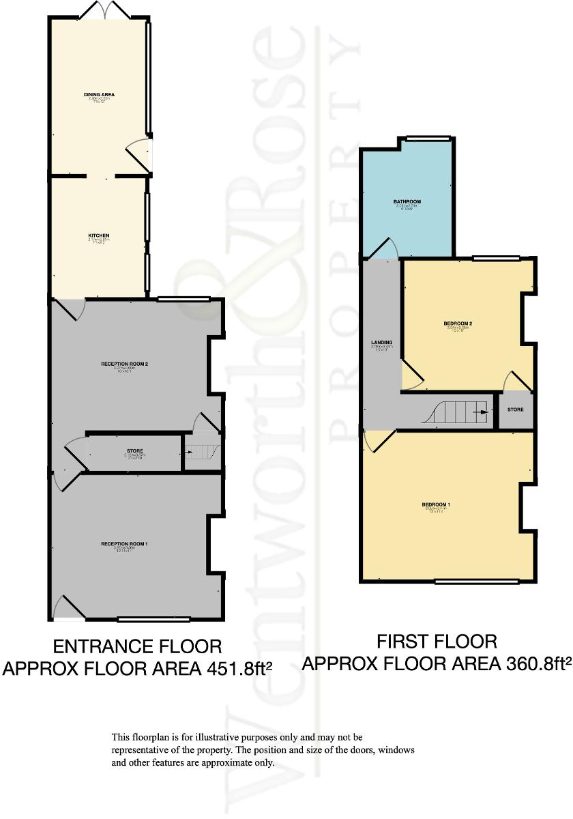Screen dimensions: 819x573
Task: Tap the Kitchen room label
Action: [x=99, y=235]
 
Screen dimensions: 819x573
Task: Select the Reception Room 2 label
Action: [x=125, y=364]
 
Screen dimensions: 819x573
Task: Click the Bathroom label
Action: [x=407, y=202]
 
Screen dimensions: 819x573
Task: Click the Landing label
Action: [x=381, y=343]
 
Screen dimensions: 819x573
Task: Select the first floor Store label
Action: [x=516, y=409]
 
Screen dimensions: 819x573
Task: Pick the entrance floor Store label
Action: [x=134, y=451]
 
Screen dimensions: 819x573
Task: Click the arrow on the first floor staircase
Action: [x=483, y=413]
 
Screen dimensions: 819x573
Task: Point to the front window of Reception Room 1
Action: [x=145, y=620]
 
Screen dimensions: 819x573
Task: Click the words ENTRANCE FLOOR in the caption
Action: [x=137, y=646]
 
